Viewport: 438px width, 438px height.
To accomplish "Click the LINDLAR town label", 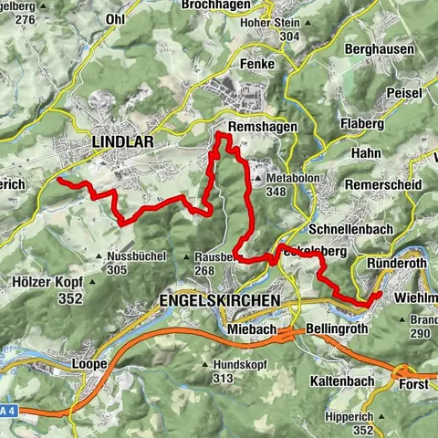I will click(121, 142).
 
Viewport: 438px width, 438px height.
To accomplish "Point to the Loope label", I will click(89, 363).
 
